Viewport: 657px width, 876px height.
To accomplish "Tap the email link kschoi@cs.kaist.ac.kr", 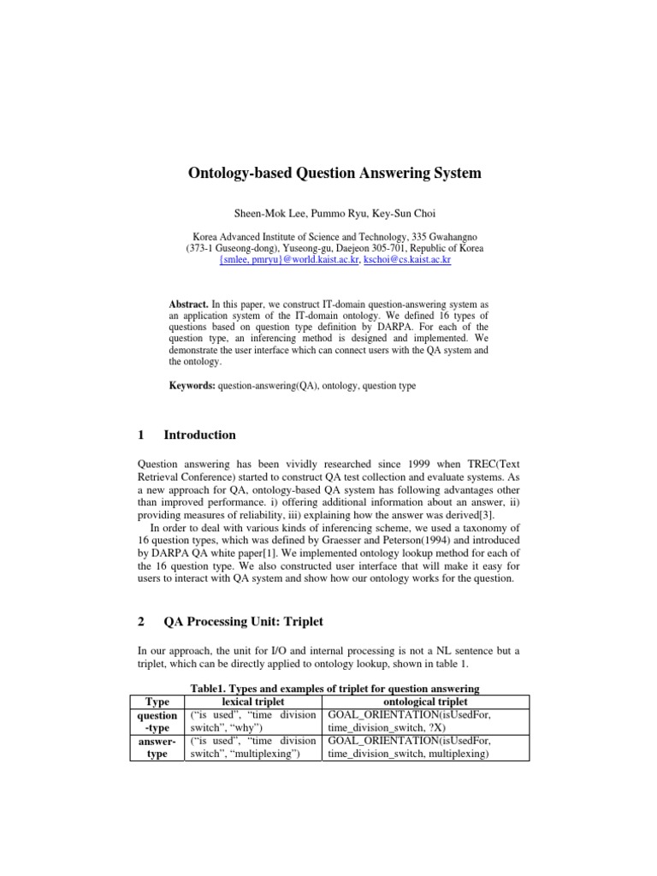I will pos(407,259).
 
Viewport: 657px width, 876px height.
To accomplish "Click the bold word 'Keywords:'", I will pos(193,386).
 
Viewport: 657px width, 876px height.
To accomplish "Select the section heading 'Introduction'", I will pos(199,435).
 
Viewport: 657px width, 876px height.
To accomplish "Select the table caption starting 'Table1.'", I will pos(334,690).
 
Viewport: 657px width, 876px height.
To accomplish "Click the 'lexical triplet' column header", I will pos(253,701).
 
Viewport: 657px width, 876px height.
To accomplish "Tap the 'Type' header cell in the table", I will pos(157,701).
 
